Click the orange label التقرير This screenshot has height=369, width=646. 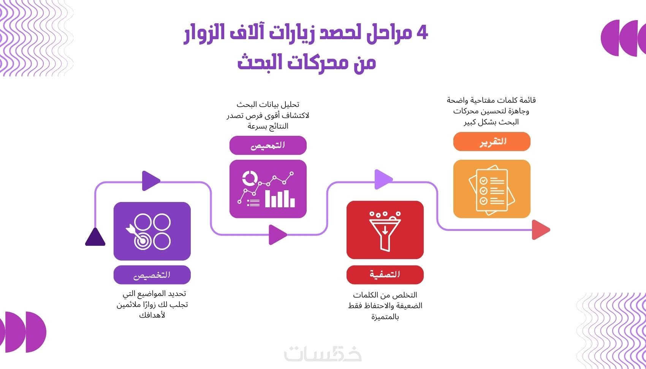pos(492,142)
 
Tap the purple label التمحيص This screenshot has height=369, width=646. pos(268,145)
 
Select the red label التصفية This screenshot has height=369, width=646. pos(385,275)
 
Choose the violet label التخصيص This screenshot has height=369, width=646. pos(152,275)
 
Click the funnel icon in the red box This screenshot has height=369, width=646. pos(385,231)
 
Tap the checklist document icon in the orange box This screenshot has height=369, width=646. pos(492,190)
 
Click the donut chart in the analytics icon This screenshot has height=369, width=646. pos(249,178)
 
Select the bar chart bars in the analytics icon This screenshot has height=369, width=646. pos(280,198)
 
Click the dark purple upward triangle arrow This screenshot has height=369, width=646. pos(95,237)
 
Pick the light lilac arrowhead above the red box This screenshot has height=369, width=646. pos(383,179)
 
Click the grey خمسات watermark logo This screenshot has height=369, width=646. pos(323,354)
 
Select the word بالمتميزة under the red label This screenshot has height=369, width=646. pos(385,317)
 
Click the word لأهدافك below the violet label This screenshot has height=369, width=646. pos(152,315)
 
